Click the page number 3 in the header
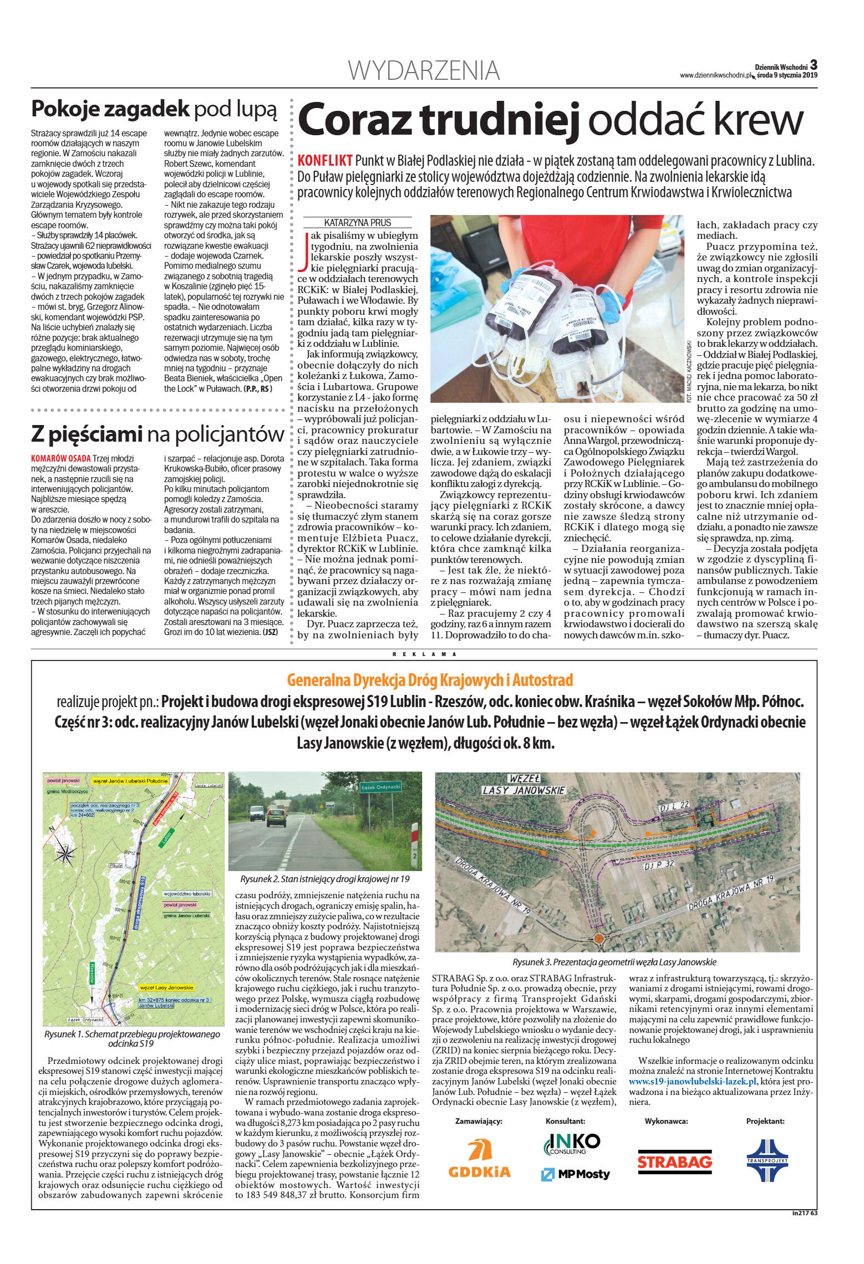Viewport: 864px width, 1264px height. click(813, 64)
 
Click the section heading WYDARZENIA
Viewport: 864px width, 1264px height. click(424, 71)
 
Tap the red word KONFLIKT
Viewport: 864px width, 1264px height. click(325, 161)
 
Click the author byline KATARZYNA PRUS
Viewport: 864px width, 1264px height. click(358, 223)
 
